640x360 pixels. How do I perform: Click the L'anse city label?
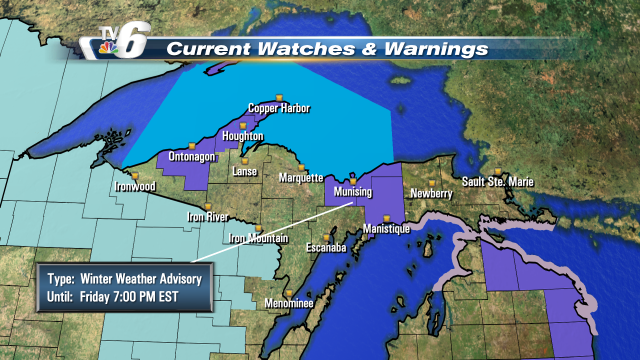click(245, 172)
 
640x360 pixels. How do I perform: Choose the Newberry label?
click(431, 193)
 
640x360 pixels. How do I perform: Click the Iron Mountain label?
click(259, 238)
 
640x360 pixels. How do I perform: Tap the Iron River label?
click(210, 216)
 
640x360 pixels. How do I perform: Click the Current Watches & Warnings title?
click(327, 48)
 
